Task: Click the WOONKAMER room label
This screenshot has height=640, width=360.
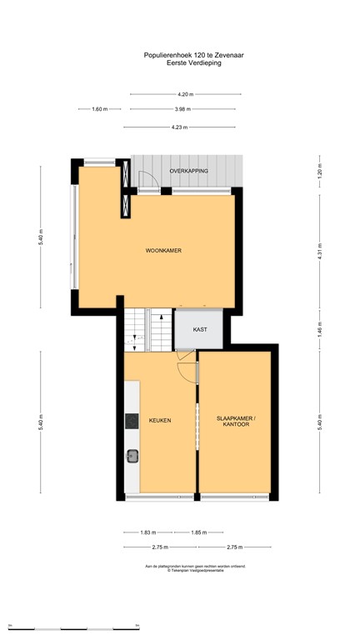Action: (x=163, y=251)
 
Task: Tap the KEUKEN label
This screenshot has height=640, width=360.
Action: (x=160, y=421)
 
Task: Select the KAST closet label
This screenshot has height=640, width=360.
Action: (x=200, y=330)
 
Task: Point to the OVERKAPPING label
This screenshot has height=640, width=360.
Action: (x=188, y=171)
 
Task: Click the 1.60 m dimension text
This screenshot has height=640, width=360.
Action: (x=99, y=109)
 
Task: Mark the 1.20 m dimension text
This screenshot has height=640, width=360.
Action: (x=319, y=177)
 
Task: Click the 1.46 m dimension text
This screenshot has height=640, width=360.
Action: (x=319, y=328)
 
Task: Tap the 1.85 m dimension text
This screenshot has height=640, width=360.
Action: (x=197, y=532)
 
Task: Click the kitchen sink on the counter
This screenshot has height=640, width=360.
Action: (x=132, y=455)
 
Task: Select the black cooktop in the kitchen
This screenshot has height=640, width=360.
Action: (x=131, y=422)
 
